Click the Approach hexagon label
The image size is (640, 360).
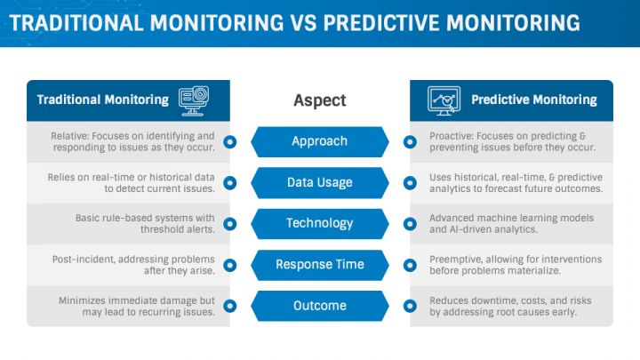point(319,141)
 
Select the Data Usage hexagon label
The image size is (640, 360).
point(319,182)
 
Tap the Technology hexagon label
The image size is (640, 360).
point(319,223)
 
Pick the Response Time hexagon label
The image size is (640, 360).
point(319,265)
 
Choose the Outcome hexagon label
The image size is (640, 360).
point(319,306)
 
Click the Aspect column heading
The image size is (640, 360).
point(320,100)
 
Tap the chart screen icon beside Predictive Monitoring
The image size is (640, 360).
point(444,99)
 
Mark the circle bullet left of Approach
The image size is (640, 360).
point(230,141)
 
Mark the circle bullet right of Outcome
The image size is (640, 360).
point(410,306)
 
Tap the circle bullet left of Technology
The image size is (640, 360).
point(230,223)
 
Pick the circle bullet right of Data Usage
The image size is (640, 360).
point(410,182)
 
